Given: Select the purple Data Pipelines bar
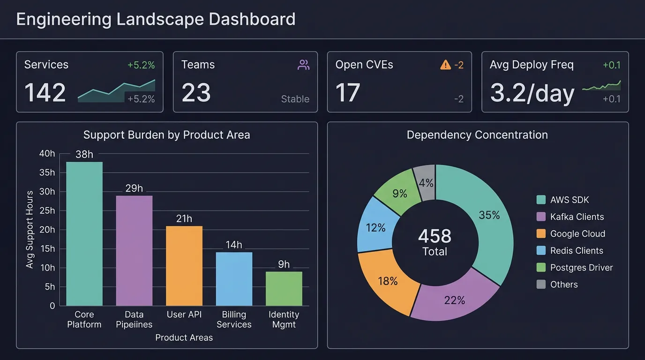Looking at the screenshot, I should point(134,250).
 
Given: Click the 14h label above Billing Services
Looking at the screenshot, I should point(234,245).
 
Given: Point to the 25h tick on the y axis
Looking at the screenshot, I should point(47,210).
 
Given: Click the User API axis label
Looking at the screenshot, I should point(184,315).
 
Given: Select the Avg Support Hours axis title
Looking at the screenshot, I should point(30,229).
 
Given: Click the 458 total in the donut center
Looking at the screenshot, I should point(435,236).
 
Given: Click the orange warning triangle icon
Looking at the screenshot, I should point(445,65).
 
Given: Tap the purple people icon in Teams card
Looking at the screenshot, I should point(303,65).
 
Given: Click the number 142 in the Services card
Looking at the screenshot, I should point(45,92).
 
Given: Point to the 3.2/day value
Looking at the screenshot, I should point(532,93).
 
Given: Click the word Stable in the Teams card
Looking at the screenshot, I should point(295,99).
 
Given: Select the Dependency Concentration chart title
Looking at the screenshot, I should point(477,135).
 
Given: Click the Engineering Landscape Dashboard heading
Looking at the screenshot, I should point(156,19).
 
